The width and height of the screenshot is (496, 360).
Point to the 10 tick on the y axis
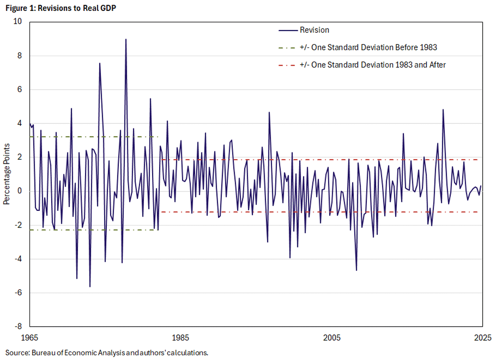(19, 22)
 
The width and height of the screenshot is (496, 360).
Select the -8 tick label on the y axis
(19, 327)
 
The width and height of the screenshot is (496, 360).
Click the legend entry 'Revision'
(314, 30)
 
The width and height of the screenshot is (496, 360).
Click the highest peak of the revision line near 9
(126, 39)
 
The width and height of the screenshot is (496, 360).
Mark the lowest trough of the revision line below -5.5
(90, 286)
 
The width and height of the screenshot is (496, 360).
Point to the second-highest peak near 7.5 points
(100, 63)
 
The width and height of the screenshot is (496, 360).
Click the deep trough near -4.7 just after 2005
(356, 270)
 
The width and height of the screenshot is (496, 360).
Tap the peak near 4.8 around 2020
(443, 110)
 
